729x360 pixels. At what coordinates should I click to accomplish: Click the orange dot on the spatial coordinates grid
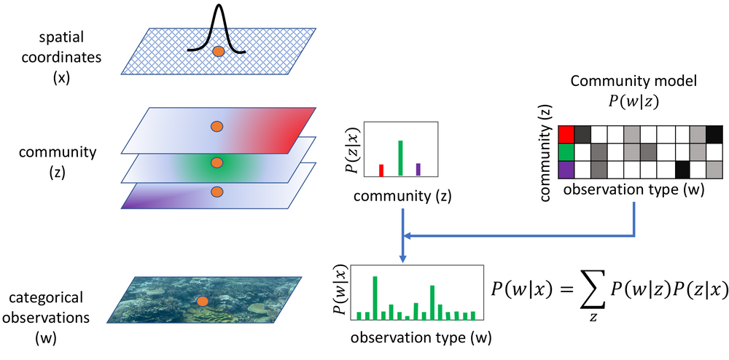tap(218, 52)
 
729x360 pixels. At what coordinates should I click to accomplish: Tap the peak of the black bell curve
tap(217, 4)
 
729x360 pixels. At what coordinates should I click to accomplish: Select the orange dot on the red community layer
tap(217, 126)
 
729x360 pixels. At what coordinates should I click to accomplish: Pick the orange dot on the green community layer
tap(217, 163)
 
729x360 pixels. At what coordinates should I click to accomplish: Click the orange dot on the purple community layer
tap(217, 192)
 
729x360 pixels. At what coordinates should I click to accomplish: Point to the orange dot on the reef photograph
tap(202, 302)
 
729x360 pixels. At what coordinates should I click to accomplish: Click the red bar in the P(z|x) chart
tap(381, 171)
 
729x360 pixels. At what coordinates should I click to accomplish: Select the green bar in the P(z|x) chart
tap(400, 158)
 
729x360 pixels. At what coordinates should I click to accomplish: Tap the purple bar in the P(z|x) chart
tap(418, 170)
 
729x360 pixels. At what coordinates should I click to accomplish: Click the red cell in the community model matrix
tap(566, 135)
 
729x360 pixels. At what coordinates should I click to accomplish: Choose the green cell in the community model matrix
tap(566, 152)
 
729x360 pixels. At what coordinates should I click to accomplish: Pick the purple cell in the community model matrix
tap(566, 169)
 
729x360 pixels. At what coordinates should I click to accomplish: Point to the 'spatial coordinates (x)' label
tap(61, 58)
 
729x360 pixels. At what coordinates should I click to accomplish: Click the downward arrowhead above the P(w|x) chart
tap(403, 259)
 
